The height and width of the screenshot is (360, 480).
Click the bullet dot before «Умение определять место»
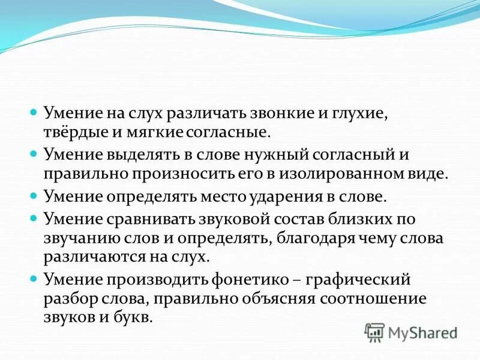(x=34, y=196)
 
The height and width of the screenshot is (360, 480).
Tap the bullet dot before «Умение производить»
(x=34, y=278)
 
